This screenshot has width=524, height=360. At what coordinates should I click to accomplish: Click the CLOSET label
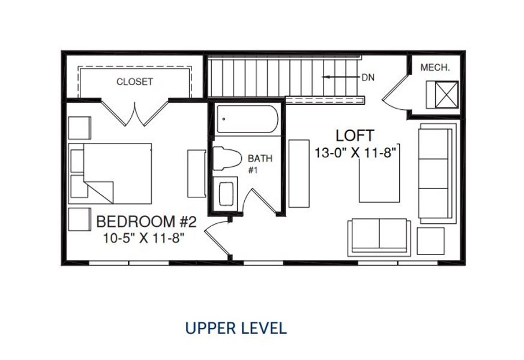click(134, 82)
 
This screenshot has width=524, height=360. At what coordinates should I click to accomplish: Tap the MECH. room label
click(435, 68)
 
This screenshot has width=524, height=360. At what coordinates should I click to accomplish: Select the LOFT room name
click(355, 135)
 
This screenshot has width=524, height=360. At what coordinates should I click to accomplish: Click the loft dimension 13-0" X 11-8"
click(357, 152)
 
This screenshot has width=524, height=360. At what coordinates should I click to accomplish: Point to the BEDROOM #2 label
click(146, 222)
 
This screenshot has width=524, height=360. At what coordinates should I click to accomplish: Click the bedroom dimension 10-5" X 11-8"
click(143, 238)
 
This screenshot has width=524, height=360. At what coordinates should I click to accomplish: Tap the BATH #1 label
click(260, 164)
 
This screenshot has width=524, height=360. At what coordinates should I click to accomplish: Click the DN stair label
click(368, 77)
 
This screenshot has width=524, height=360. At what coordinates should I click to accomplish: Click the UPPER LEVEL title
click(236, 328)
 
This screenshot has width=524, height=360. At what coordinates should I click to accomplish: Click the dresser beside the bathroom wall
click(196, 173)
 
